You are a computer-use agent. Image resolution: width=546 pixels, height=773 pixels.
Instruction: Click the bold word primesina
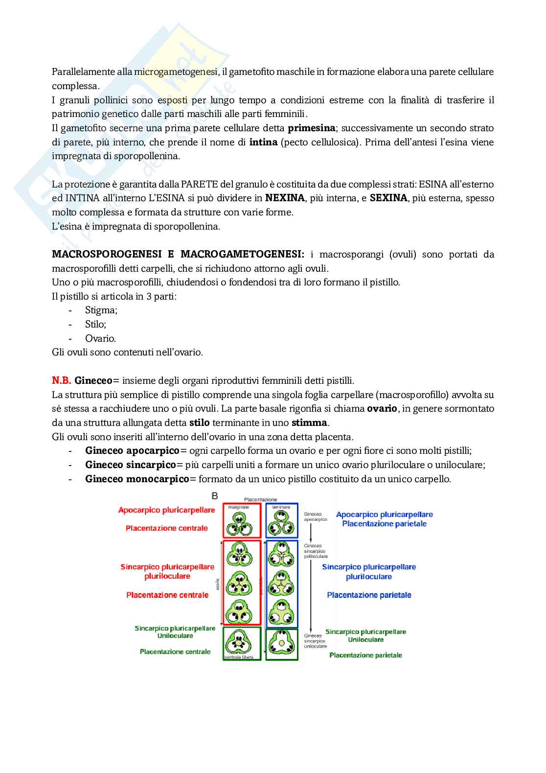[311, 128]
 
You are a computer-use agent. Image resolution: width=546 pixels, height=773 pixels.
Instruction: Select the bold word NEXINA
[285, 198]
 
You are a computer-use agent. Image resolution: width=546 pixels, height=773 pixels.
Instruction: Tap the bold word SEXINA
[388, 198]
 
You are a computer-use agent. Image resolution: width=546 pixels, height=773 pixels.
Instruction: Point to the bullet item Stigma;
[101, 310]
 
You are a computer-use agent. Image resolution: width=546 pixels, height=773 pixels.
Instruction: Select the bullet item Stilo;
[95, 325]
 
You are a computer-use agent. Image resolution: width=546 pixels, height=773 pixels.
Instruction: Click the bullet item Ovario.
[100, 339]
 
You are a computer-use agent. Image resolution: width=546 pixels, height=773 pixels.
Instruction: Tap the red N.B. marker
[62, 381]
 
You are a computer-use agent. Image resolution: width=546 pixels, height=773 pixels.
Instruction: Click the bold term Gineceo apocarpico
[132, 451]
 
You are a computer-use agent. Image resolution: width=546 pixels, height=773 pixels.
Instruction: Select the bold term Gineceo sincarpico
[130, 465]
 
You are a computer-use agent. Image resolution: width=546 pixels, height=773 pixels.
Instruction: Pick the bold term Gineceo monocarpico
[137, 479]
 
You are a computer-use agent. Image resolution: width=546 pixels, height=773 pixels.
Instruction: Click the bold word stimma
[309, 423]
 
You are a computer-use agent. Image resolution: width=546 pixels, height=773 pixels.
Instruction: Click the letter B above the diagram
[214, 496]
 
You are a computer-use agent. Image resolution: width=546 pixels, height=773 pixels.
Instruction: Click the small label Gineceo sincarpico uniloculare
[315, 641]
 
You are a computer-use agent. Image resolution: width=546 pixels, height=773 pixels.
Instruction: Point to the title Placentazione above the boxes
[260, 500]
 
